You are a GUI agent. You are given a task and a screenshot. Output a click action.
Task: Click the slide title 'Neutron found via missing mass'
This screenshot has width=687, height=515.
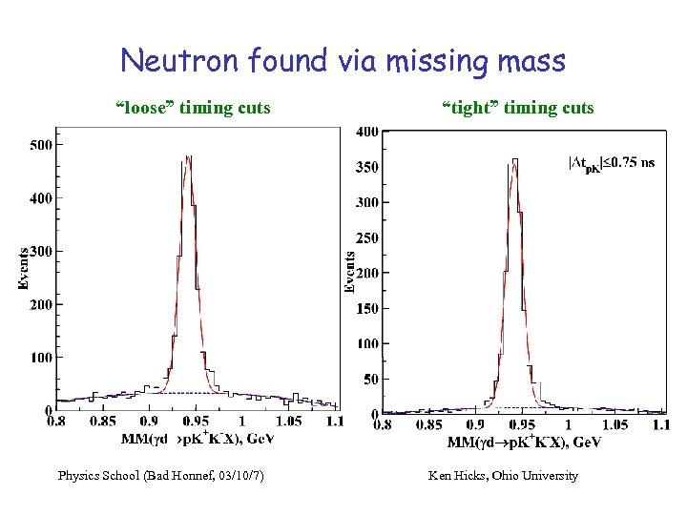coord(343,61)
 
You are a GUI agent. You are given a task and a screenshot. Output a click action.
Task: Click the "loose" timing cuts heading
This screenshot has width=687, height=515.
coord(193,108)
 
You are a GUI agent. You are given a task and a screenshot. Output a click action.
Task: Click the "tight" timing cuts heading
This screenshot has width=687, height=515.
coord(518,108)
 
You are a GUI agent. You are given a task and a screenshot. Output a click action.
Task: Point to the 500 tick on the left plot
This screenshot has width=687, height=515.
coord(40,145)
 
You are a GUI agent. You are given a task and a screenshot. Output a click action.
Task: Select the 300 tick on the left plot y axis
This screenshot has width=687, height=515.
coord(40,252)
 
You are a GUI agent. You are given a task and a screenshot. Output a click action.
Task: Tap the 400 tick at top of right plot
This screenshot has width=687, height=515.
coord(367,132)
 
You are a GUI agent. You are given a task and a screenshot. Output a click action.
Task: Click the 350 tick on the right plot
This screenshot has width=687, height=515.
coord(367,167)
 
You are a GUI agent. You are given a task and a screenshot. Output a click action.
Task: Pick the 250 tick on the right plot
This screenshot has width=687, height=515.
coord(367,237)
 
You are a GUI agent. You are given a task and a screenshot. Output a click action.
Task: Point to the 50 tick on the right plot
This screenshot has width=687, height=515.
coord(370,379)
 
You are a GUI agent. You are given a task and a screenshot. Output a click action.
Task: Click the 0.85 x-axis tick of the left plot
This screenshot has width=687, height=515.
coord(102,422)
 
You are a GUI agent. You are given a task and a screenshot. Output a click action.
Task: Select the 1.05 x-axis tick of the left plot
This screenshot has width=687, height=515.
coord(288,422)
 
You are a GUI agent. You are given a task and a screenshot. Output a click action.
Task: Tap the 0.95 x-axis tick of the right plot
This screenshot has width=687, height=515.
coord(522,424)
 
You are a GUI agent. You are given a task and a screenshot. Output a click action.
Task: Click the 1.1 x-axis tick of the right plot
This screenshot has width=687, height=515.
coord(659,424)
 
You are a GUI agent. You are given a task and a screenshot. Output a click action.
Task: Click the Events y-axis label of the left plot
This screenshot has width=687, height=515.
coord(24,268)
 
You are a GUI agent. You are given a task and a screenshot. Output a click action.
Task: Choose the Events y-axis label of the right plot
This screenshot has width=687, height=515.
coord(350,272)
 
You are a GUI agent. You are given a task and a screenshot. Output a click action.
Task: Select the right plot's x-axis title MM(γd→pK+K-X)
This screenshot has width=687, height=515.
coord(524,443)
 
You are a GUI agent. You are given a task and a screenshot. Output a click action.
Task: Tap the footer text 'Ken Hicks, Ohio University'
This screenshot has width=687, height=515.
coord(503,475)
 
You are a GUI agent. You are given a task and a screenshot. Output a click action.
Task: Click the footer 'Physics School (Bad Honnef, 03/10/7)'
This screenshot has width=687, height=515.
coord(161,475)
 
